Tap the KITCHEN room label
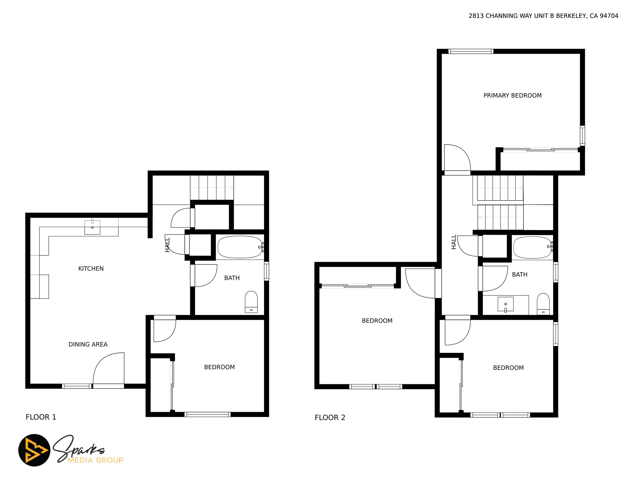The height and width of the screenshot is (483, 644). pos(91,269)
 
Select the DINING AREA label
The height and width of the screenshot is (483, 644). pos(88,345)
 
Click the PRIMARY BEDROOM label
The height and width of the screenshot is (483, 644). pos(512,96)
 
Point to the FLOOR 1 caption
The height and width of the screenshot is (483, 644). pos(41,417)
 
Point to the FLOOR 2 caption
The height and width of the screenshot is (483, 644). pos(330,418)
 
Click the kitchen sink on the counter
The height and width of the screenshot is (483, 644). pos(92,227)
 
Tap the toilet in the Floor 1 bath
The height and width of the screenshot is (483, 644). pos(251,302)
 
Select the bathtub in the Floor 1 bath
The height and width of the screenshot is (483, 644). pos(240,247)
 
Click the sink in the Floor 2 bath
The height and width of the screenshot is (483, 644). pos(506,304)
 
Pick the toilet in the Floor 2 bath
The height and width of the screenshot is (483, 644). pos(543,304)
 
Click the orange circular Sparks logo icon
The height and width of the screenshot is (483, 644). pos(34,450)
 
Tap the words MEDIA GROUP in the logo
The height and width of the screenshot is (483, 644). pos(96,460)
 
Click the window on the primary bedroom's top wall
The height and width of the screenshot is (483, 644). pos(471,52)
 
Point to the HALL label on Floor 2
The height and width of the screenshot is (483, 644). pos(454,242)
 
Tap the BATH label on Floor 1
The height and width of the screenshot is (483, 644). pos(232,278)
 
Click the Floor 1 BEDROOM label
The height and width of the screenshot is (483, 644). pos(219,367)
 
